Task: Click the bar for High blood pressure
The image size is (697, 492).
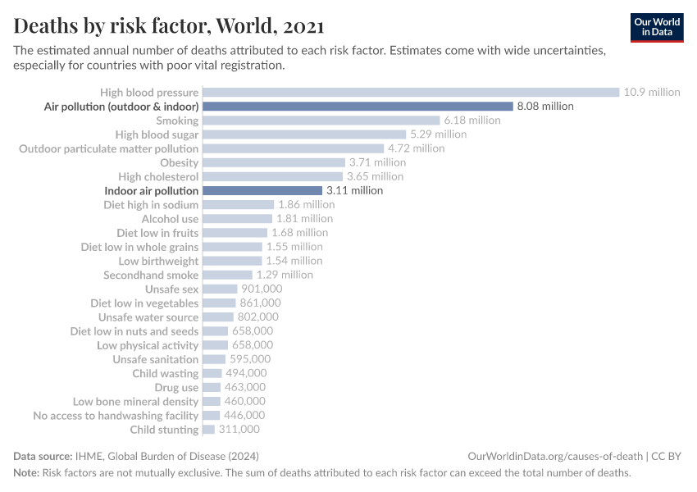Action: click(410, 92)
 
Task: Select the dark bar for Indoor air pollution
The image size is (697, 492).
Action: click(262, 190)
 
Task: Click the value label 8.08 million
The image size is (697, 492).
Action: click(545, 107)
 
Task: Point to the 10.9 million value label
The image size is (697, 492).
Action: click(652, 92)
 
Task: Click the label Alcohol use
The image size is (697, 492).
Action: click(170, 219)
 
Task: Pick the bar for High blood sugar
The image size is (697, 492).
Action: click(303, 134)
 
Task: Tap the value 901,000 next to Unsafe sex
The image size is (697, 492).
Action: click(262, 289)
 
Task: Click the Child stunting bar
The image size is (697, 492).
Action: click(208, 430)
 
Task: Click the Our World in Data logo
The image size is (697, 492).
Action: click(657, 27)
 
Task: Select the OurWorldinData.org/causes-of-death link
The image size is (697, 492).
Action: click(553, 456)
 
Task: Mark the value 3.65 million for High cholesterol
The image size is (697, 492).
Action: click(375, 176)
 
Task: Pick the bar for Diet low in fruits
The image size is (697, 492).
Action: click(235, 233)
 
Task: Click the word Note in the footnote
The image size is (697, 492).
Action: click(26, 473)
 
